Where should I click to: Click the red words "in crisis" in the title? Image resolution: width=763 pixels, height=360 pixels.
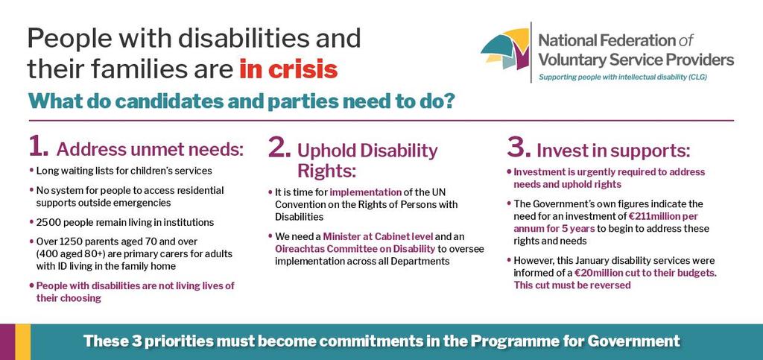point(288,69)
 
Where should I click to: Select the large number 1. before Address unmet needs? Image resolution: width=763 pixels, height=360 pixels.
point(39,146)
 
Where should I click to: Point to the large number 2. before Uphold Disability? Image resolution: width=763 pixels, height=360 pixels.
point(279,148)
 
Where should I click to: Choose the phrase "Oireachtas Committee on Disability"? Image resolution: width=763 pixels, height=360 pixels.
point(355,250)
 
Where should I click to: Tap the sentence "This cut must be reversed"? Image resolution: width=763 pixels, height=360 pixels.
point(572,285)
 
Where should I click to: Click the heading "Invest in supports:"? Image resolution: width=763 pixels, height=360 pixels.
point(613,151)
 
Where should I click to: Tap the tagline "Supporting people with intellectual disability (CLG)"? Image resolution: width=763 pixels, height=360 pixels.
point(622,78)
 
